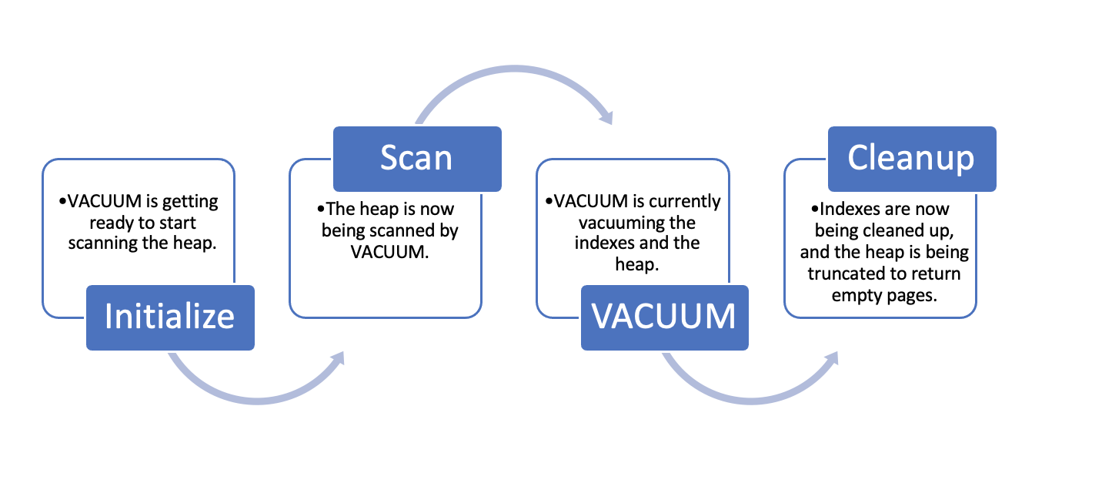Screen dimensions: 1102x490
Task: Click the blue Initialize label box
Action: (x=169, y=317)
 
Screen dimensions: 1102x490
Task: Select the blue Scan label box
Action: (x=416, y=159)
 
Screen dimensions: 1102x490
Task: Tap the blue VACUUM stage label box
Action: (x=664, y=317)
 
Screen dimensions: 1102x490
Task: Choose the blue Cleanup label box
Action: (x=911, y=159)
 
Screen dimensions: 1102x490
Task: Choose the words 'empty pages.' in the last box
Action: (x=889, y=294)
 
